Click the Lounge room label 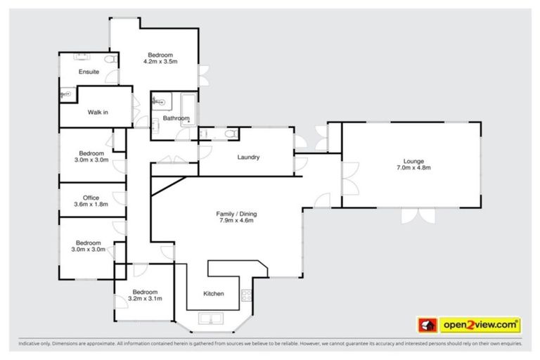point(413,160)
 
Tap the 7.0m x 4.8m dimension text point(413,168)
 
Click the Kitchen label point(214,293)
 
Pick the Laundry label point(249,157)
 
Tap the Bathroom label point(176,119)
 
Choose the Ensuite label point(89,72)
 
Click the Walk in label point(97,112)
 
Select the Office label point(91,198)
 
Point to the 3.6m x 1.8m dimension point(91,205)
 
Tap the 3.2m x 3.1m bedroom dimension point(145,298)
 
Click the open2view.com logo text point(480,325)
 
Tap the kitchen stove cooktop point(247,296)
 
